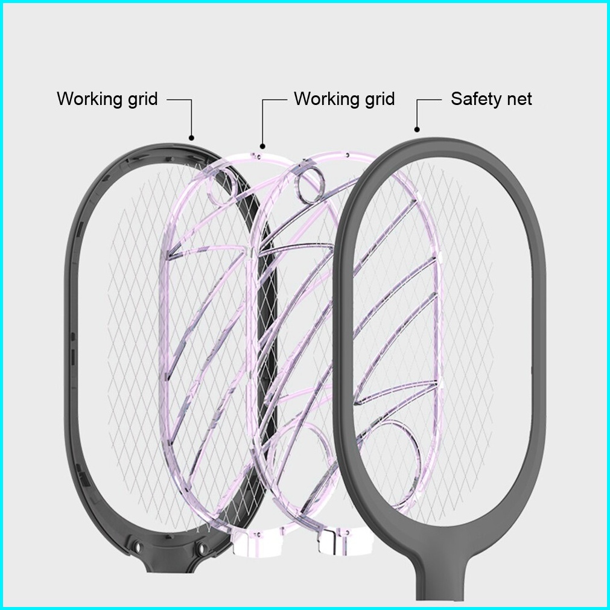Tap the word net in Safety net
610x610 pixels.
(x=519, y=99)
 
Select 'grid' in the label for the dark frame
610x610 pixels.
(x=142, y=98)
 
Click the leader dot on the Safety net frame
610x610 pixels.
(x=417, y=129)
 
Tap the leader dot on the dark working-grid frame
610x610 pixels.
(x=192, y=138)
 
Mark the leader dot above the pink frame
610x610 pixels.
(x=262, y=145)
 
